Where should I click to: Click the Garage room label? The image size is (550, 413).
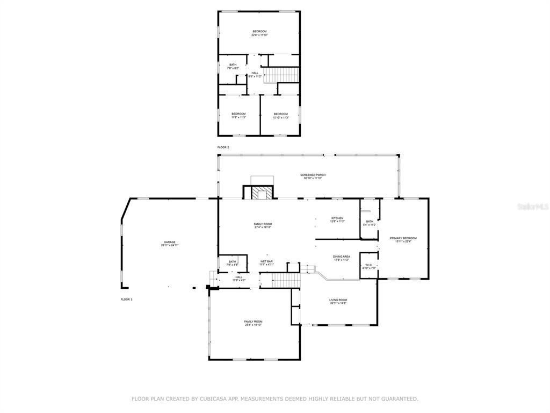coord(170,243)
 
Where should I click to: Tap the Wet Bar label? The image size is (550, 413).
coord(267,262)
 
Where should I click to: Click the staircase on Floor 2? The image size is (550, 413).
coord(283,74)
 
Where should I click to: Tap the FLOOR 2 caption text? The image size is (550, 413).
coord(223,147)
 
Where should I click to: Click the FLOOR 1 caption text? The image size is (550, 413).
coord(126,298)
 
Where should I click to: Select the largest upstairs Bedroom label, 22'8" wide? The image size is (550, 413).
coord(260,33)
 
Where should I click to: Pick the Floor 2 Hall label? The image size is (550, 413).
coord(255,75)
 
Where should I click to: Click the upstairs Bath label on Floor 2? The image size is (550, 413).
coord(233,66)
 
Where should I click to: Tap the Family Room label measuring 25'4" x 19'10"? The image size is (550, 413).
coord(254,323)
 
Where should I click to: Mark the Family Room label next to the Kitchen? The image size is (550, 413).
coord(263,225)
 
